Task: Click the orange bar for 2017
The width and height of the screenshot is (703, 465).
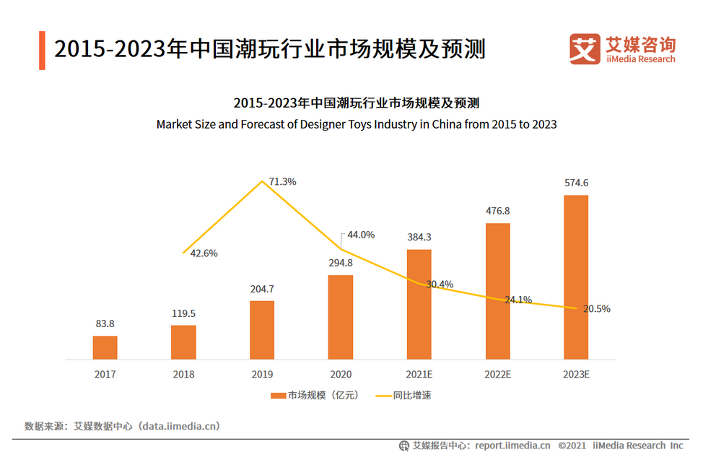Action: (x=105, y=347)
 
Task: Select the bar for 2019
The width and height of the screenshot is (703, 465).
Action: (x=262, y=330)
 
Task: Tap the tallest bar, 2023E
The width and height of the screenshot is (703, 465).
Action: (x=576, y=277)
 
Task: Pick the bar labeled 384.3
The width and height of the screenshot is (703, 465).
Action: (x=419, y=305)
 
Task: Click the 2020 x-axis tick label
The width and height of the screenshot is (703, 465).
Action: (x=341, y=375)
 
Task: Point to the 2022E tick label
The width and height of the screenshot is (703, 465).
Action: (x=497, y=375)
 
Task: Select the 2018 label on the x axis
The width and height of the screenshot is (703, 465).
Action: (x=183, y=375)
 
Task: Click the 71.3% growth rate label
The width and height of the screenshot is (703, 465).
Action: (x=282, y=182)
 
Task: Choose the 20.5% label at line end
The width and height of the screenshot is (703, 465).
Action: (x=596, y=308)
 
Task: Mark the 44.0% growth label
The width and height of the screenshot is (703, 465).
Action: (x=361, y=235)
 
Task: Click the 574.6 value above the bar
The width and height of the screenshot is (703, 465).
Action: (x=576, y=183)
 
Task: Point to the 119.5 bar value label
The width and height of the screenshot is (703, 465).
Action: (x=183, y=314)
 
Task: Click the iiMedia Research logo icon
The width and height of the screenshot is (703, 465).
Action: (x=585, y=49)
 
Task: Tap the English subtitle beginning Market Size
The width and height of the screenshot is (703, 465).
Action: (x=357, y=124)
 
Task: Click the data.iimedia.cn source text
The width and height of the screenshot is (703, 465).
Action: (x=180, y=426)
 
